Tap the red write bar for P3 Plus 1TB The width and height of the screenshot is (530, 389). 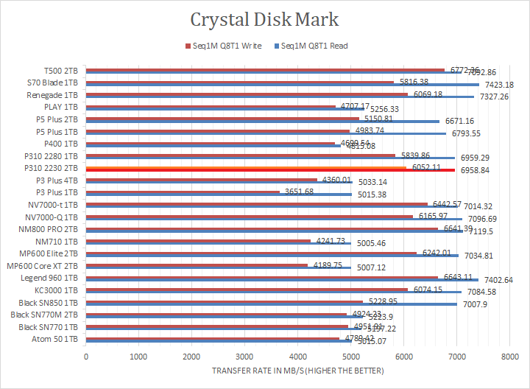pos(184,192)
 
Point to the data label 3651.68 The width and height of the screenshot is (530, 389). pos(298,192)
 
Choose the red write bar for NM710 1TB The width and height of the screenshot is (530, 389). pos(199,240)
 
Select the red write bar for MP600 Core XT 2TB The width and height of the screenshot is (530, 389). pos(197,264)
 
